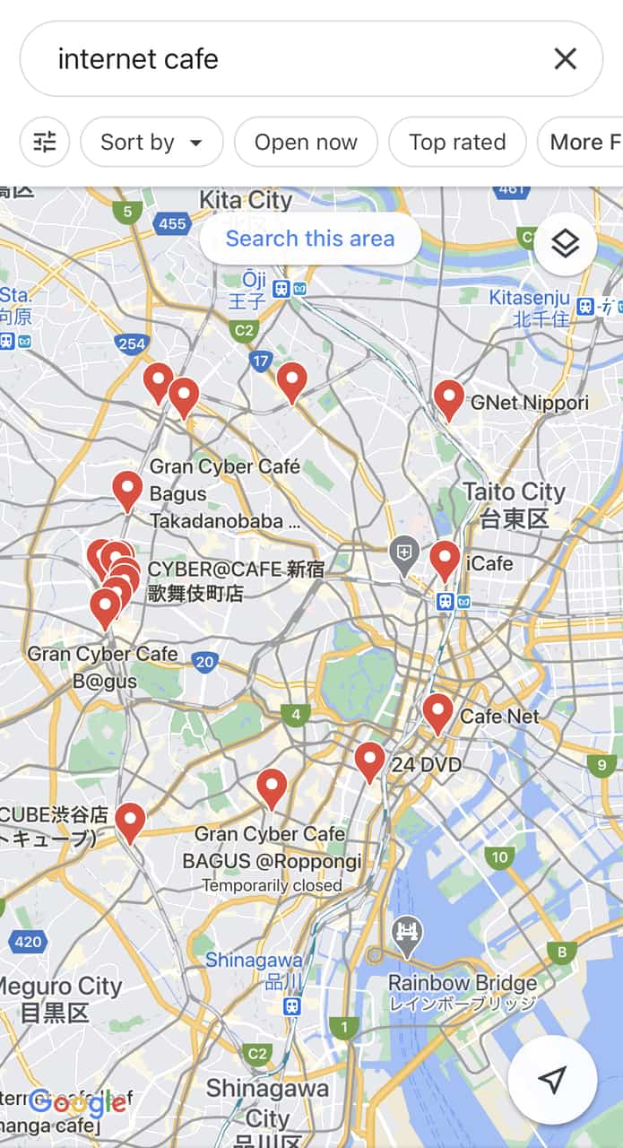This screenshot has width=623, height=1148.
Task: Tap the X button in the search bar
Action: tap(565, 59)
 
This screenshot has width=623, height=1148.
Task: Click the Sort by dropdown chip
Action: tap(151, 142)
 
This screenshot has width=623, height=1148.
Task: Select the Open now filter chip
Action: tap(306, 142)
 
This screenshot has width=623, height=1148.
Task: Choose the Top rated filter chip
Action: tap(457, 142)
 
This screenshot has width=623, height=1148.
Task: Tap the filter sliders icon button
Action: tap(45, 142)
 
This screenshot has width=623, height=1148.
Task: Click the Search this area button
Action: tap(310, 239)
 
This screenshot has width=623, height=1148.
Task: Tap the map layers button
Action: tap(565, 243)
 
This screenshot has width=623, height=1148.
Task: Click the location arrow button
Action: tap(552, 1080)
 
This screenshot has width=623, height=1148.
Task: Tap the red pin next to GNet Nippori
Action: tap(449, 397)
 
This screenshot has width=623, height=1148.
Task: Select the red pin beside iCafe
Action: tap(445, 559)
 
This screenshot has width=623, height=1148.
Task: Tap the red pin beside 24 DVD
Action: tap(369, 760)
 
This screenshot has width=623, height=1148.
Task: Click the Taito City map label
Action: tap(514, 492)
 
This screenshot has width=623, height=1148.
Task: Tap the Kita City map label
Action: tap(246, 200)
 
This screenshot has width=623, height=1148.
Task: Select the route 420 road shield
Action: tap(28, 942)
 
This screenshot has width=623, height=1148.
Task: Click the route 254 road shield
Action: tap(132, 344)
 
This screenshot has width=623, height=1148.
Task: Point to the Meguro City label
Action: tap(59, 987)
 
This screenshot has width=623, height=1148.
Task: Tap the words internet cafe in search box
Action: tap(138, 59)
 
